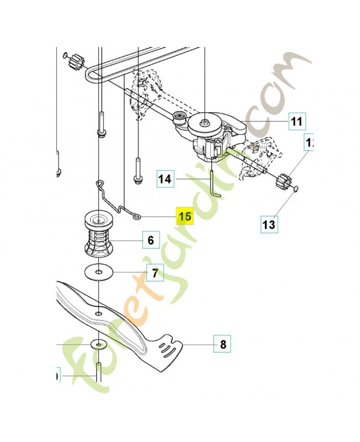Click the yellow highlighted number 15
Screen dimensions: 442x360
tap(184, 215)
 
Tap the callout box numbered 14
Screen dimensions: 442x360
tap(165, 179)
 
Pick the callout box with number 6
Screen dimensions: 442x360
tap(150, 240)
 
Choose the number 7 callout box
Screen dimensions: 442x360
tap(155, 272)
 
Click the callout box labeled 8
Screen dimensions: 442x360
tap(223, 345)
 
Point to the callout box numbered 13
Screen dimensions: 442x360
tap(268, 224)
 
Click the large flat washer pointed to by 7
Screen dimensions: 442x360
tap(98, 272)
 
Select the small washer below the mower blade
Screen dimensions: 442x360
tap(98, 344)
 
